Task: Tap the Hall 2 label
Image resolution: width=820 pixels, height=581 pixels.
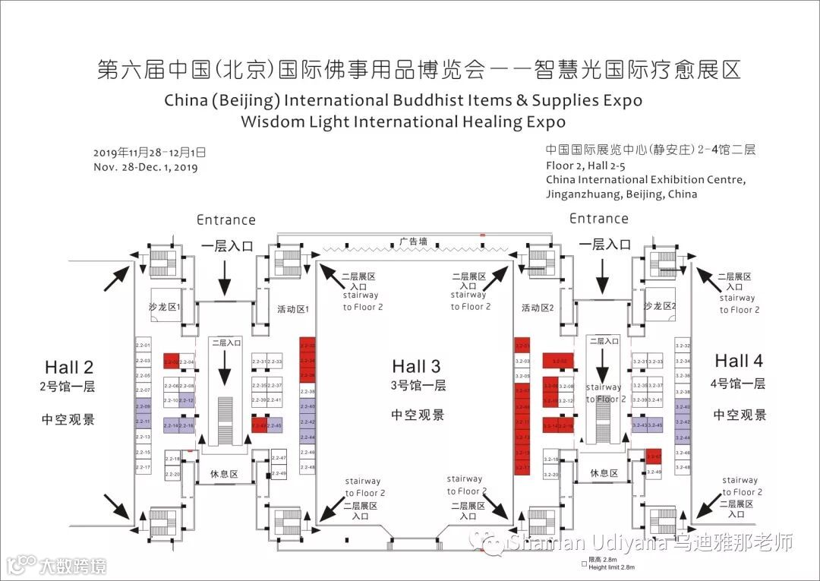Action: point(69,368)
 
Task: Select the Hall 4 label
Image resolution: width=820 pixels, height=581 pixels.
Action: point(739,361)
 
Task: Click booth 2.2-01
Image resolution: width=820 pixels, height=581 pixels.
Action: point(143,346)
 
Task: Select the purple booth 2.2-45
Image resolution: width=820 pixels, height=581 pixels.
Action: point(275,426)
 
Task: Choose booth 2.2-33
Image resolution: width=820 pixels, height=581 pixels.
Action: point(275,362)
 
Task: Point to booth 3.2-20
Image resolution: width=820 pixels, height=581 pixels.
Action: point(551,475)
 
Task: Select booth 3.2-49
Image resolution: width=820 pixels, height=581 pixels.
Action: point(654,472)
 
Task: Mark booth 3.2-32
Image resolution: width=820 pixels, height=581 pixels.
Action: point(682,346)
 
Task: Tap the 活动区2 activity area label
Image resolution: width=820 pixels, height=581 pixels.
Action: point(538,308)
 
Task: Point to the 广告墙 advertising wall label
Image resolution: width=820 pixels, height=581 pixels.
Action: point(413,242)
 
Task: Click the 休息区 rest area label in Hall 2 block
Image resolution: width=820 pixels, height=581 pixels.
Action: point(224,473)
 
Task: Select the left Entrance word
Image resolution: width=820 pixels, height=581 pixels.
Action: point(225,220)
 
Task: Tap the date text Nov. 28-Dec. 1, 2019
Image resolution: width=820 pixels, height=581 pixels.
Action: point(146,168)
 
